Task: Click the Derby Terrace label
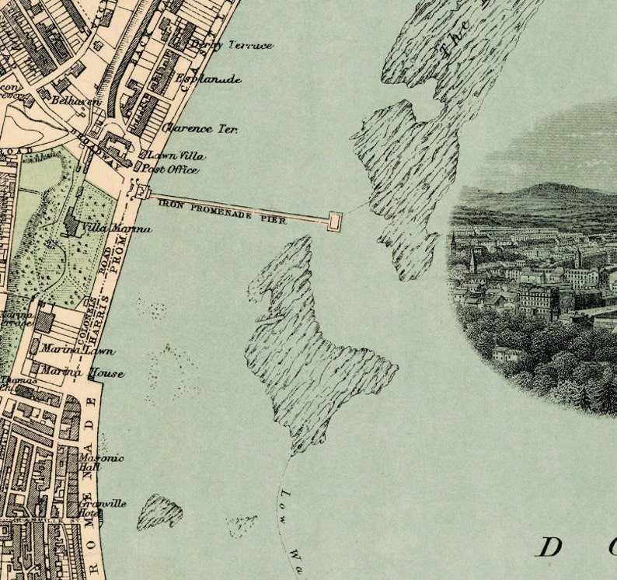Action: [231, 45]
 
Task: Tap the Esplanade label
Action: [208, 79]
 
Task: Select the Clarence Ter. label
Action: [200, 128]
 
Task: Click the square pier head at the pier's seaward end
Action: [335, 221]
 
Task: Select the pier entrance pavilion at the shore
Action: [141, 192]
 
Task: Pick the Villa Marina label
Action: [117, 229]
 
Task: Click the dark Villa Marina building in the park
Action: [73, 225]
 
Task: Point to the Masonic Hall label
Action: [100, 462]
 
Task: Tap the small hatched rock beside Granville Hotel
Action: [159, 511]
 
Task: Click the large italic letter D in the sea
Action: [549, 547]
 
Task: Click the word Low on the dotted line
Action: [284, 498]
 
